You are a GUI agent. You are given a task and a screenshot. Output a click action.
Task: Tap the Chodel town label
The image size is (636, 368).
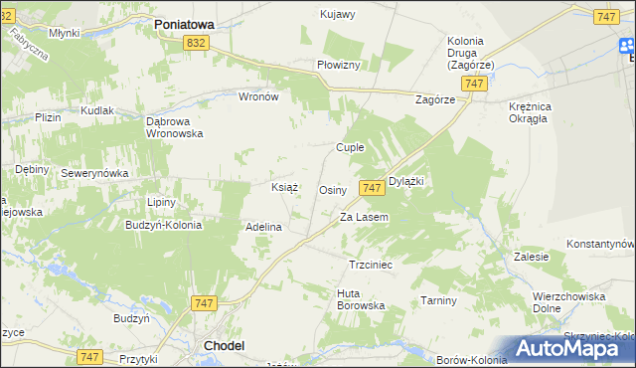coord(224,345)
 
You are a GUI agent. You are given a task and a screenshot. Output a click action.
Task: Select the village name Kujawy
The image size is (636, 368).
coord(339,14)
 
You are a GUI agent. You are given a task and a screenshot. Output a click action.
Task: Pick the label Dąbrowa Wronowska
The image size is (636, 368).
coord(174,127)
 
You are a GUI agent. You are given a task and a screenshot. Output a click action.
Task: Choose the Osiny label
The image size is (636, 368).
coord(332,189)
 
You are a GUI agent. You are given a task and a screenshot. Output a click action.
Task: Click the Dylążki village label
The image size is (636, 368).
coord(406,181)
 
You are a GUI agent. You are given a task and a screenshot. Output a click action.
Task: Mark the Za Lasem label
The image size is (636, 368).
coord(364,217)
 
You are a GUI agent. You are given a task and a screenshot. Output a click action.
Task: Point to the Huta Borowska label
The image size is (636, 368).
coord(361,299)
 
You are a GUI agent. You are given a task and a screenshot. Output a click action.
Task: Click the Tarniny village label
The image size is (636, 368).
coord(438,300)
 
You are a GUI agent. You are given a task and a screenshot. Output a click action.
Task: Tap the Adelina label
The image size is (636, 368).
coord(264,227)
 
